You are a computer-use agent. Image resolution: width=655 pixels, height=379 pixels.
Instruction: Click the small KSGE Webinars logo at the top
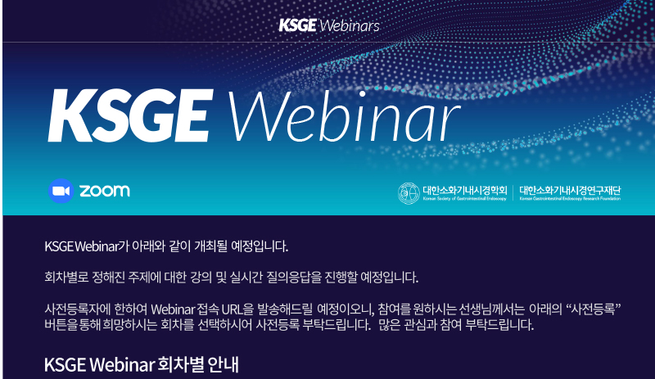[x=329, y=25]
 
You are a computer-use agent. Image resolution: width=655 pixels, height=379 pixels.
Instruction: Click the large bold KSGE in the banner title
[x=131, y=115]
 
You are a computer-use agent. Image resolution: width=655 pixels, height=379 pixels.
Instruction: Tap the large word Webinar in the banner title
[x=343, y=115]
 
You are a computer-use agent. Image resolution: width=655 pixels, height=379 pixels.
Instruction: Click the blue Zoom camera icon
[x=61, y=191]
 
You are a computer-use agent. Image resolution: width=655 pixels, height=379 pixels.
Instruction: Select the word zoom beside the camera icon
[x=105, y=191]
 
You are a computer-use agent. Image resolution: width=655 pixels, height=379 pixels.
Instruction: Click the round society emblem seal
[x=409, y=193]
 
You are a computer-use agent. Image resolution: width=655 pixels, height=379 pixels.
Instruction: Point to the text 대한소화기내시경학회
[x=465, y=191]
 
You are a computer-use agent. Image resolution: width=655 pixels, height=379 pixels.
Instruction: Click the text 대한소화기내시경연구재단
[x=570, y=191]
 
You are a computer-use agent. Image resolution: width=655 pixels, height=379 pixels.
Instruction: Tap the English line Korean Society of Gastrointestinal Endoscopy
[x=464, y=199]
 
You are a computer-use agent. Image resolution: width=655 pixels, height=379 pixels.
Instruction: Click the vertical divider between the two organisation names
[x=513, y=193]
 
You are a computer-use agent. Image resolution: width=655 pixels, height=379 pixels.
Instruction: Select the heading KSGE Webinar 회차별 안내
[x=141, y=365]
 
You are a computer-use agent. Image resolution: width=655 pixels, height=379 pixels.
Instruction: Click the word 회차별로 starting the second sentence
[x=66, y=277]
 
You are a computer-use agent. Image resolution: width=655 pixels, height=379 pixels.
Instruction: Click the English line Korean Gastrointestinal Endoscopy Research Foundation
[x=570, y=199]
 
